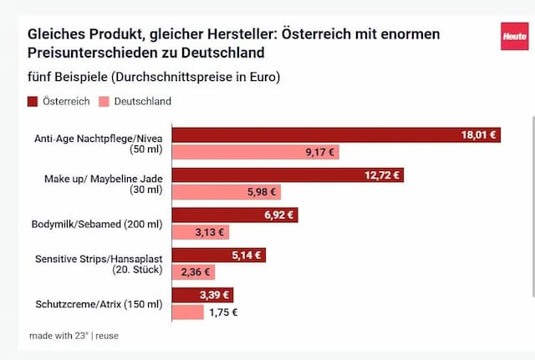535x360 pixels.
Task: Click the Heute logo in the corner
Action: click(514, 36)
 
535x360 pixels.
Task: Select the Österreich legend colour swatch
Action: click(33, 102)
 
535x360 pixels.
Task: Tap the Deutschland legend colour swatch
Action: click(104, 102)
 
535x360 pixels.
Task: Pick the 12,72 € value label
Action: click(383, 175)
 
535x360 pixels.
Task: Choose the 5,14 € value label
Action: click(246, 256)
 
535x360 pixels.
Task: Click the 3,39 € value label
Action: click(213, 295)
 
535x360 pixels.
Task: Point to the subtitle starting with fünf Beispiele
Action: click(154, 78)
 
